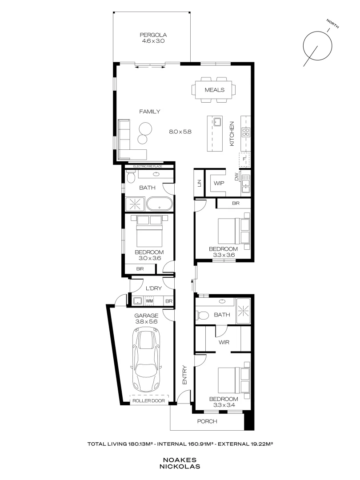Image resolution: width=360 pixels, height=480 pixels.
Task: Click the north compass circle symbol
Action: (317, 45)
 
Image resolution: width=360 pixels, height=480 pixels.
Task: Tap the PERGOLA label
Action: (152, 35)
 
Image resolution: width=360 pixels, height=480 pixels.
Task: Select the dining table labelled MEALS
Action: (214, 90)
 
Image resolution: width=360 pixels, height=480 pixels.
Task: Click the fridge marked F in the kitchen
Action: (244, 159)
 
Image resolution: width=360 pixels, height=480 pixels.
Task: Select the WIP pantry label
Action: (219, 183)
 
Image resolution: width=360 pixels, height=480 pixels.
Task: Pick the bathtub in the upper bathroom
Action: (160, 204)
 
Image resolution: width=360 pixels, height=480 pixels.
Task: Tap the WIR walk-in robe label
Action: (224, 343)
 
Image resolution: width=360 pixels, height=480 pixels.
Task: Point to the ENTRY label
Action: (185, 375)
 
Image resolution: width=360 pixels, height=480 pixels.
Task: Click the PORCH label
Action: (207, 421)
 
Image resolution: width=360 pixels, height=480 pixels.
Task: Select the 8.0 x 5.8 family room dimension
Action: (180, 132)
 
